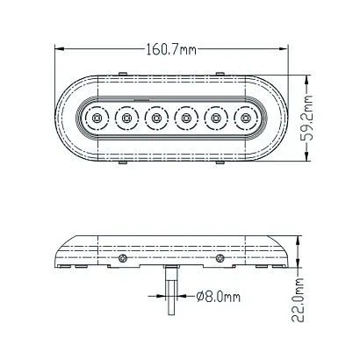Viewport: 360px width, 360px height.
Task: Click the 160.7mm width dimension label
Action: point(171,49)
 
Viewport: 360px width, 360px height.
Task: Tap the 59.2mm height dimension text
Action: point(306,118)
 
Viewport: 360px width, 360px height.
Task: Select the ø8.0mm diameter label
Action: point(219,297)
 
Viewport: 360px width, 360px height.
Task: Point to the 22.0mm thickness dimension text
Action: point(298,299)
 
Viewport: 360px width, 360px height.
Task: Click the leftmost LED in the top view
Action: point(97,119)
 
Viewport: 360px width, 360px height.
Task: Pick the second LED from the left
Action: point(126,119)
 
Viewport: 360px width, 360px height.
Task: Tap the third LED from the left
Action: point(156,119)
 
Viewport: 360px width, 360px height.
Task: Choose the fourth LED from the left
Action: point(186,119)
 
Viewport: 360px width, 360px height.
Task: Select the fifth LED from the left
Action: point(216,119)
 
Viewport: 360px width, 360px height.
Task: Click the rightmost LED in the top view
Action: point(245,119)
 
